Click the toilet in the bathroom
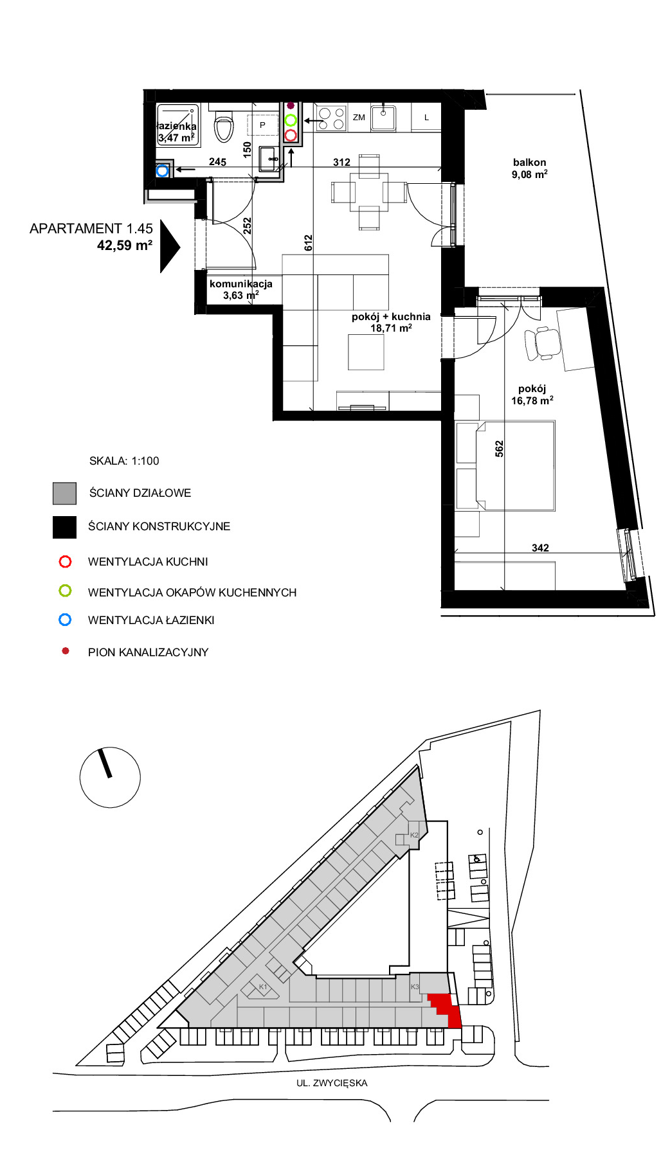pyautogui.click(x=224, y=126)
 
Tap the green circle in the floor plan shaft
pyautogui.click(x=291, y=120)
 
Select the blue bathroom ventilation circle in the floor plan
pyautogui.click(x=163, y=170)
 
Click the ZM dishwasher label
pyautogui.click(x=359, y=118)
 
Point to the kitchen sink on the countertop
pyautogui.click(x=383, y=118)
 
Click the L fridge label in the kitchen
pyautogui.click(x=426, y=118)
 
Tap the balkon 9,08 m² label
pyautogui.click(x=530, y=168)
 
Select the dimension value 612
pyautogui.click(x=309, y=242)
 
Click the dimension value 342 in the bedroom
pyautogui.click(x=540, y=548)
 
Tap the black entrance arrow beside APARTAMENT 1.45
pyautogui.click(x=170, y=246)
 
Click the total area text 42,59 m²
pyautogui.click(x=125, y=246)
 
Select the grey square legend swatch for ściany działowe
pyautogui.click(x=64, y=494)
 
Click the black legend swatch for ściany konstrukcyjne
pyautogui.click(x=64, y=527)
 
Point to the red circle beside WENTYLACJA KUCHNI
pyautogui.click(x=65, y=562)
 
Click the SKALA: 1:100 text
pyautogui.click(x=124, y=461)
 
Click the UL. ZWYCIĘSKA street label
pyautogui.click(x=332, y=1083)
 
